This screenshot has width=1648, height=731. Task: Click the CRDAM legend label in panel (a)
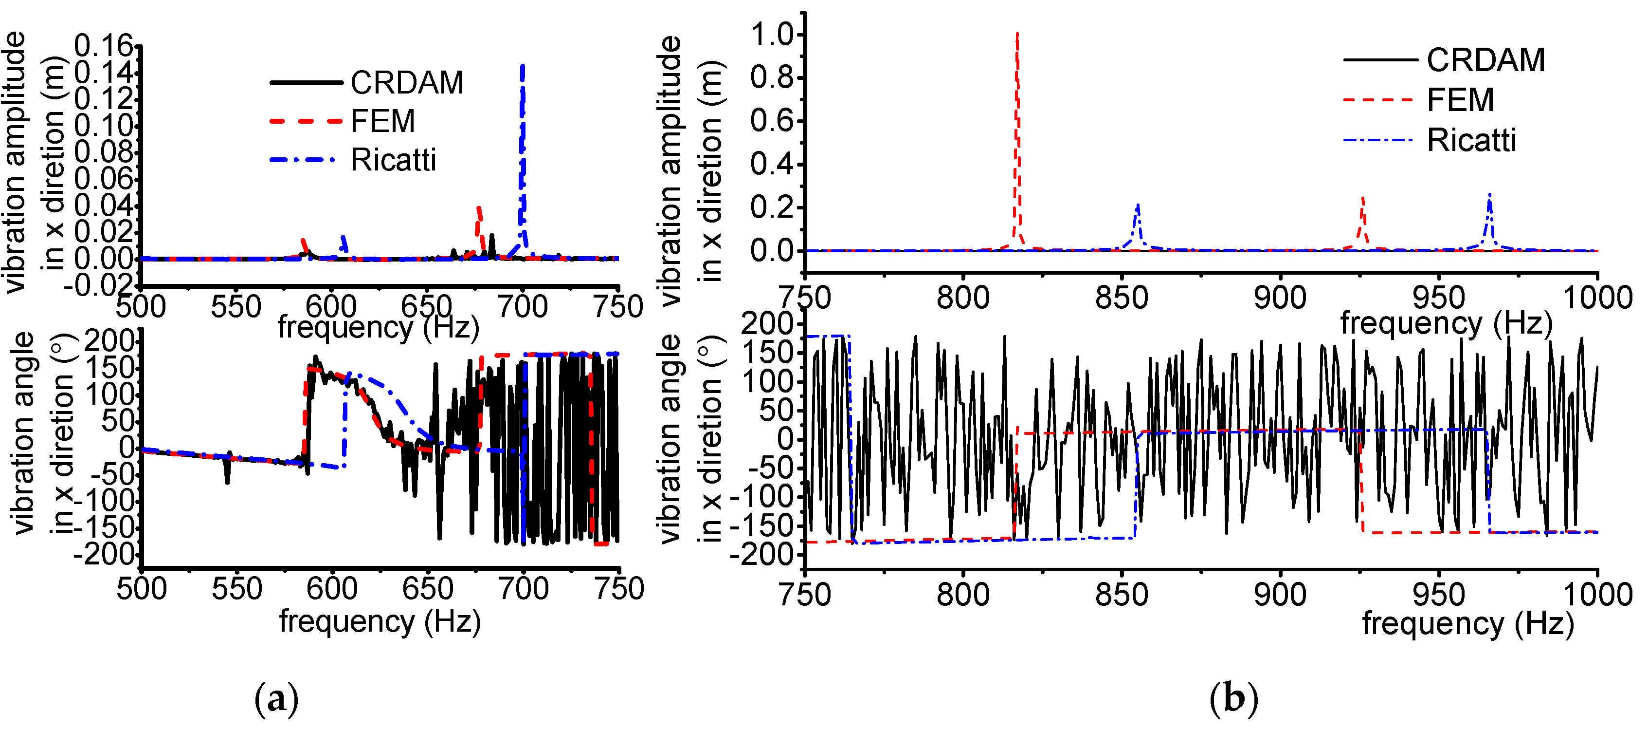click(x=407, y=83)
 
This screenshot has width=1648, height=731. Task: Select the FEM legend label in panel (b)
click(x=1461, y=100)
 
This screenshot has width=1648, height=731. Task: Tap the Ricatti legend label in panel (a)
click(x=394, y=160)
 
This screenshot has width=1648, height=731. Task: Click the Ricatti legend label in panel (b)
click(x=1471, y=140)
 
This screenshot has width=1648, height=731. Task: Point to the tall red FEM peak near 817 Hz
click(x=1017, y=38)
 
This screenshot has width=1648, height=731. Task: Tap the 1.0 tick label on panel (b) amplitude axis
click(x=772, y=34)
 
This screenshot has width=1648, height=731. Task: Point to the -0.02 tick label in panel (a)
click(x=101, y=284)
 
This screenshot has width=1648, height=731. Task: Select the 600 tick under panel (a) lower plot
click(x=332, y=589)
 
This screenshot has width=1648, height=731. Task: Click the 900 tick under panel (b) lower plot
click(x=1280, y=595)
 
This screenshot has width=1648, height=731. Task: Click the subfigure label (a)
click(x=276, y=700)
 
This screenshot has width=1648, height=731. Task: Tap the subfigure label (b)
click(x=1233, y=699)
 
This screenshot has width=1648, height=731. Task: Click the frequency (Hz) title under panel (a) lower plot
click(x=380, y=621)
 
